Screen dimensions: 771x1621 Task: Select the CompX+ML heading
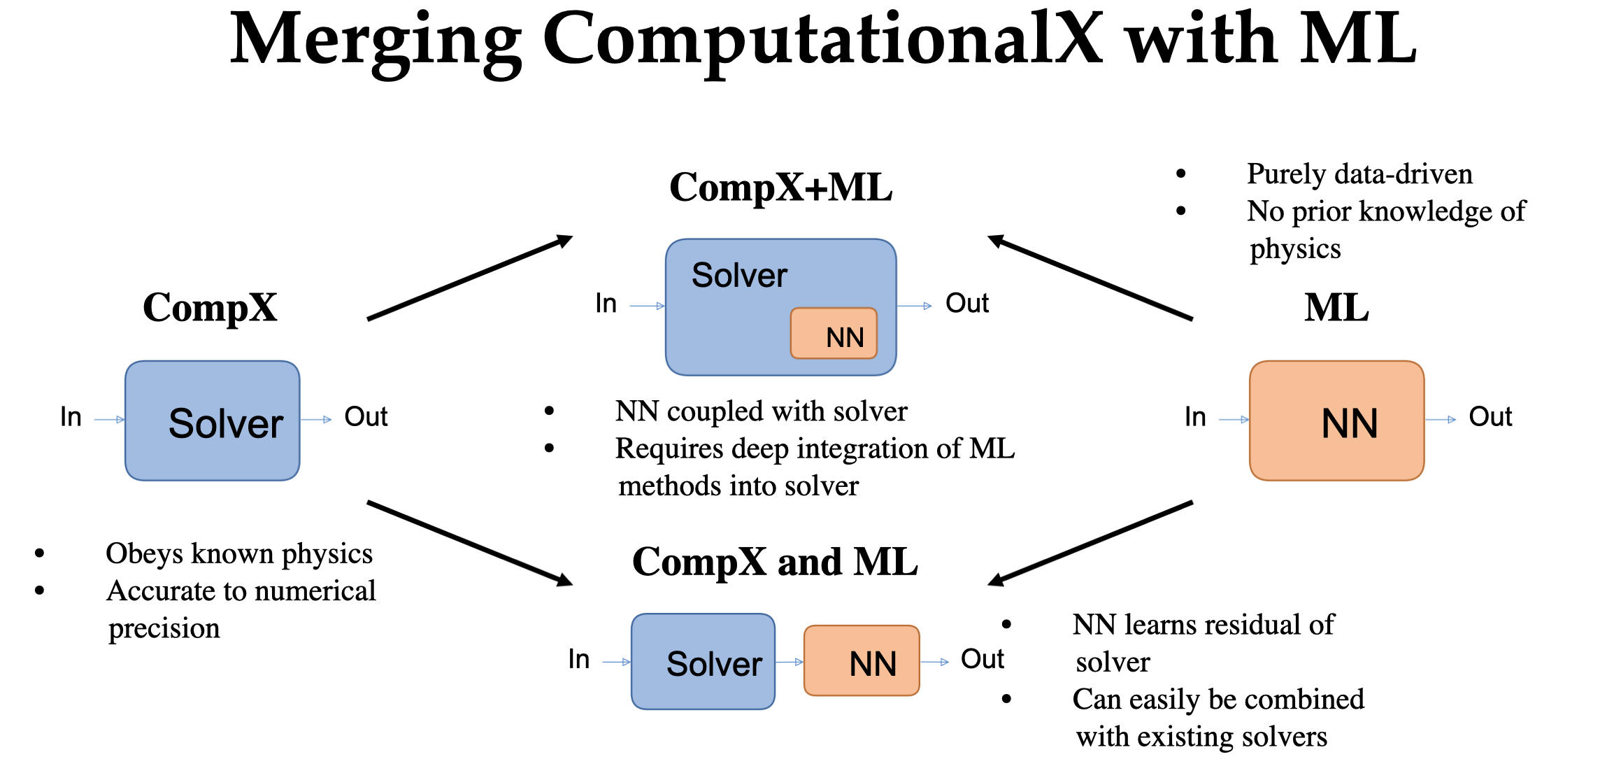click(780, 188)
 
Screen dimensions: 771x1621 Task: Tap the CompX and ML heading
click(775, 562)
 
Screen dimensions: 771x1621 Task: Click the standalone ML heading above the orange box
click(1336, 308)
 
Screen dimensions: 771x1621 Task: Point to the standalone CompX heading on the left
click(210, 308)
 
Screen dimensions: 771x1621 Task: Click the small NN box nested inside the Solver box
click(834, 334)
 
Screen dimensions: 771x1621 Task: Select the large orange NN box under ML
click(1336, 420)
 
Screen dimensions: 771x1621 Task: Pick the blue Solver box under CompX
click(213, 420)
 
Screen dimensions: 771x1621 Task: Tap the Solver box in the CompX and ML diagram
click(703, 662)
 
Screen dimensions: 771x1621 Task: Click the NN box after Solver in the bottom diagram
click(862, 661)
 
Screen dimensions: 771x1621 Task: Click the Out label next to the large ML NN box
click(1490, 418)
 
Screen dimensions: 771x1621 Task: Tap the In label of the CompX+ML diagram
click(606, 304)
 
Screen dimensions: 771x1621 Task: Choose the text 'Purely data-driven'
click(1359, 174)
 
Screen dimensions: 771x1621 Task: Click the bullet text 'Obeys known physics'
click(239, 553)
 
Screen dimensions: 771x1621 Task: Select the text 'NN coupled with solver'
click(761, 411)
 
